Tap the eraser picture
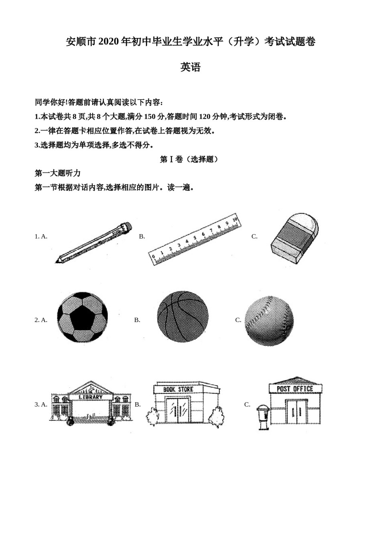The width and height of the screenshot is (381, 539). [x=295, y=238]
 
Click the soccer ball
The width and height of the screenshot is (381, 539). [x=82, y=317]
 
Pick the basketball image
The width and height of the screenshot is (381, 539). [x=183, y=316]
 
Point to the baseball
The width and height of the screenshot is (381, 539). [x=269, y=320]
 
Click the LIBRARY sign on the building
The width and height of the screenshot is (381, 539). [x=91, y=397]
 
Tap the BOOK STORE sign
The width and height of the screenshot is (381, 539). [x=178, y=389]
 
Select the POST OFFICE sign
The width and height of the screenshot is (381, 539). [x=295, y=389]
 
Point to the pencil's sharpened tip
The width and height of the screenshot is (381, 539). [x=58, y=261]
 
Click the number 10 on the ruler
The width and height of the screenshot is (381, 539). [x=235, y=219]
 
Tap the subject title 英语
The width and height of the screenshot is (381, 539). [x=190, y=67]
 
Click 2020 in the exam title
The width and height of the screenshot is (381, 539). [x=108, y=41]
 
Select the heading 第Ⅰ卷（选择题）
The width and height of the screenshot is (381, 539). [x=190, y=159]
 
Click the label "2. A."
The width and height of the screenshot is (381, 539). [x=41, y=320]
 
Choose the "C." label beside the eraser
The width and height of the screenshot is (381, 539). [x=254, y=236]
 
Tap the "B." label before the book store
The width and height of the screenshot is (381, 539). [x=138, y=404]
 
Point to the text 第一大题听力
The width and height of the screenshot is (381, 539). [x=58, y=173]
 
